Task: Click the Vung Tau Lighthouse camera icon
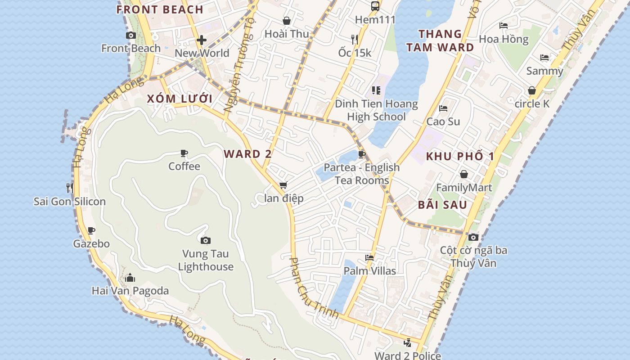(x=206, y=241)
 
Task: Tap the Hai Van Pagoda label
(x=130, y=291)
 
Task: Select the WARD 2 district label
(x=248, y=154)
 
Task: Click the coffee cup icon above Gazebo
(x=91, y=231)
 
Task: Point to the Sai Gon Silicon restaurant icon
(x=69, y=188)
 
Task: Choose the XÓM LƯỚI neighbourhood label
(x=180, y=99)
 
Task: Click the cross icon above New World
(x=201, y=40)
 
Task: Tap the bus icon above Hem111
(x=375, y=6)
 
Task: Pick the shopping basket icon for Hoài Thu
(x=287, y=21)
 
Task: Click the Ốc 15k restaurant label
(x=355, y=53)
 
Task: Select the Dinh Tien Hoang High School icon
(x=376, y=90)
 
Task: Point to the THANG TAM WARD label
(x=440, y=40)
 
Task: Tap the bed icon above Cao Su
(x=443, y=108)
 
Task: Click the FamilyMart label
(x=464, y=188)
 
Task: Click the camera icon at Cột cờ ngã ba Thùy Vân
(x=473, y=237)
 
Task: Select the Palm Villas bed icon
(x=369, y=258)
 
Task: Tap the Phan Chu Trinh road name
(x=313, y=288)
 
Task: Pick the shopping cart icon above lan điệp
(x=283, y=185)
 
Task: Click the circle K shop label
(x=532, y=104)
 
